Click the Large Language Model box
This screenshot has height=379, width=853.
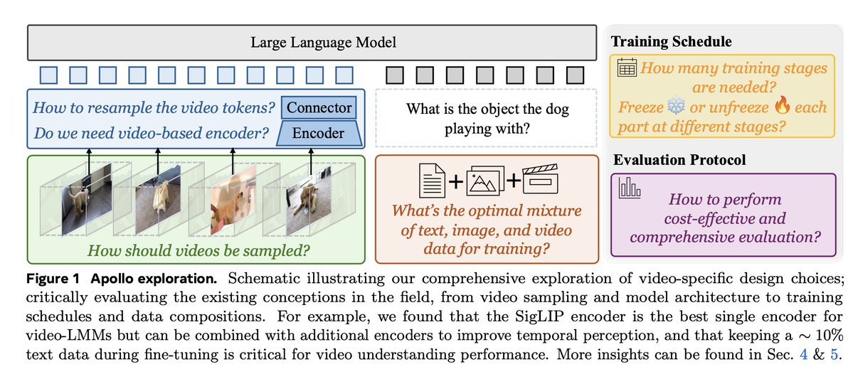[x=312, y=43]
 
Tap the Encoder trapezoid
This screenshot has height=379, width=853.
[x=317, y=133]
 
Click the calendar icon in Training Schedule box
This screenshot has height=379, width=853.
[x=627, y=69]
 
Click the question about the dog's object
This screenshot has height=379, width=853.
[x=487, y=119]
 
